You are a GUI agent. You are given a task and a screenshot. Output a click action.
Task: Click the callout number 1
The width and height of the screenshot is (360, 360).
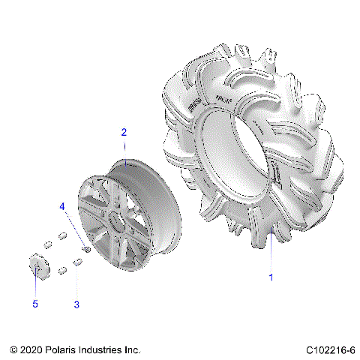[x=271, y=277]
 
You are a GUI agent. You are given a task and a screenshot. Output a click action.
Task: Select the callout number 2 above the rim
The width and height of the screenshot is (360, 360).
[x=124, y=132]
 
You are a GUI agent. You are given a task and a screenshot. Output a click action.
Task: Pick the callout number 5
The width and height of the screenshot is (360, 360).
[x=34, y=304]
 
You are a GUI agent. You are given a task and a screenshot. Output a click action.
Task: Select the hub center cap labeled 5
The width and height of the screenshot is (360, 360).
[x=36, y=265]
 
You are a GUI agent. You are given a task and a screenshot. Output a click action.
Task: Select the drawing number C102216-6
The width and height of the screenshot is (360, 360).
[x=331, y=350]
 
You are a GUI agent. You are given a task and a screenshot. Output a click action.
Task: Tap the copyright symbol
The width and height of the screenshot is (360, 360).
[x=14, y=350]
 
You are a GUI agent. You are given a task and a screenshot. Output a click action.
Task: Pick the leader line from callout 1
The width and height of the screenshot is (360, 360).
[x=271, y=247]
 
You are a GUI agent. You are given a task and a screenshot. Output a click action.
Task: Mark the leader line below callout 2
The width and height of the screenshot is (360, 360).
[x=124, y=150]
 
